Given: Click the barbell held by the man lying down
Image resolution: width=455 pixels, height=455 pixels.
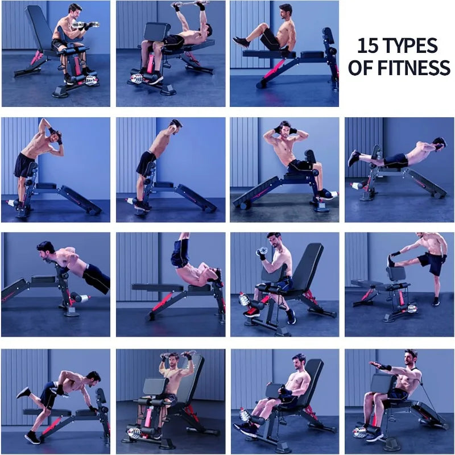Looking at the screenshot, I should pyautogui.click(x=191, y=4).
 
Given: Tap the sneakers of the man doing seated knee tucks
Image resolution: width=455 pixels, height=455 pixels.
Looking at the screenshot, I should pyautogui.click(x=241, y=42).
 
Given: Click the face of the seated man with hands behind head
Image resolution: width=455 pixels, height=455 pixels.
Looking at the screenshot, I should pyautogui.click(x=284, y=129).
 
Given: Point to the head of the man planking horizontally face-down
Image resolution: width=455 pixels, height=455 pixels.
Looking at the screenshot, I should pyautogui.click(x=438, y=143).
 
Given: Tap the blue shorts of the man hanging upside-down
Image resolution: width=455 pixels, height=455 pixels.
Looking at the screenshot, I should pyautogui.click(x=180, y=252).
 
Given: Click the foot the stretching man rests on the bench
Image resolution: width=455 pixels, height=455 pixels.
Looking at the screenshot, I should pyautogui.click(x=391, y=260).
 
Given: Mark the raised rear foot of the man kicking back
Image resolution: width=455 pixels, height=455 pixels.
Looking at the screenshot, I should pyautogui.click(x=23, y=392).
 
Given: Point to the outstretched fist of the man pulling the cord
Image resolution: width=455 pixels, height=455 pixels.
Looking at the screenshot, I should pyautogui.click(x=374, y=363).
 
